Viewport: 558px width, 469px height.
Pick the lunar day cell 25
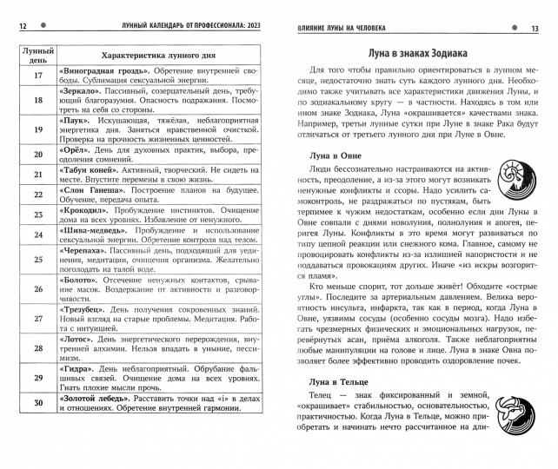(37, 260)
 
